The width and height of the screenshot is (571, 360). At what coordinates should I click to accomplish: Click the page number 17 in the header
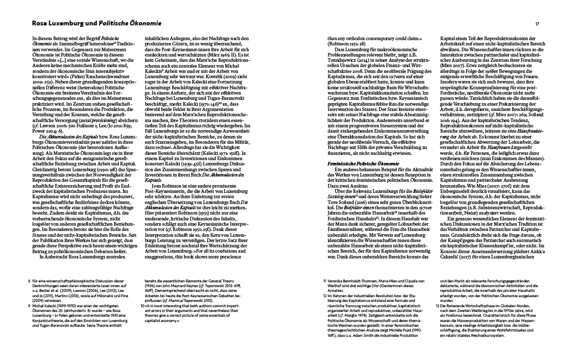537,24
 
